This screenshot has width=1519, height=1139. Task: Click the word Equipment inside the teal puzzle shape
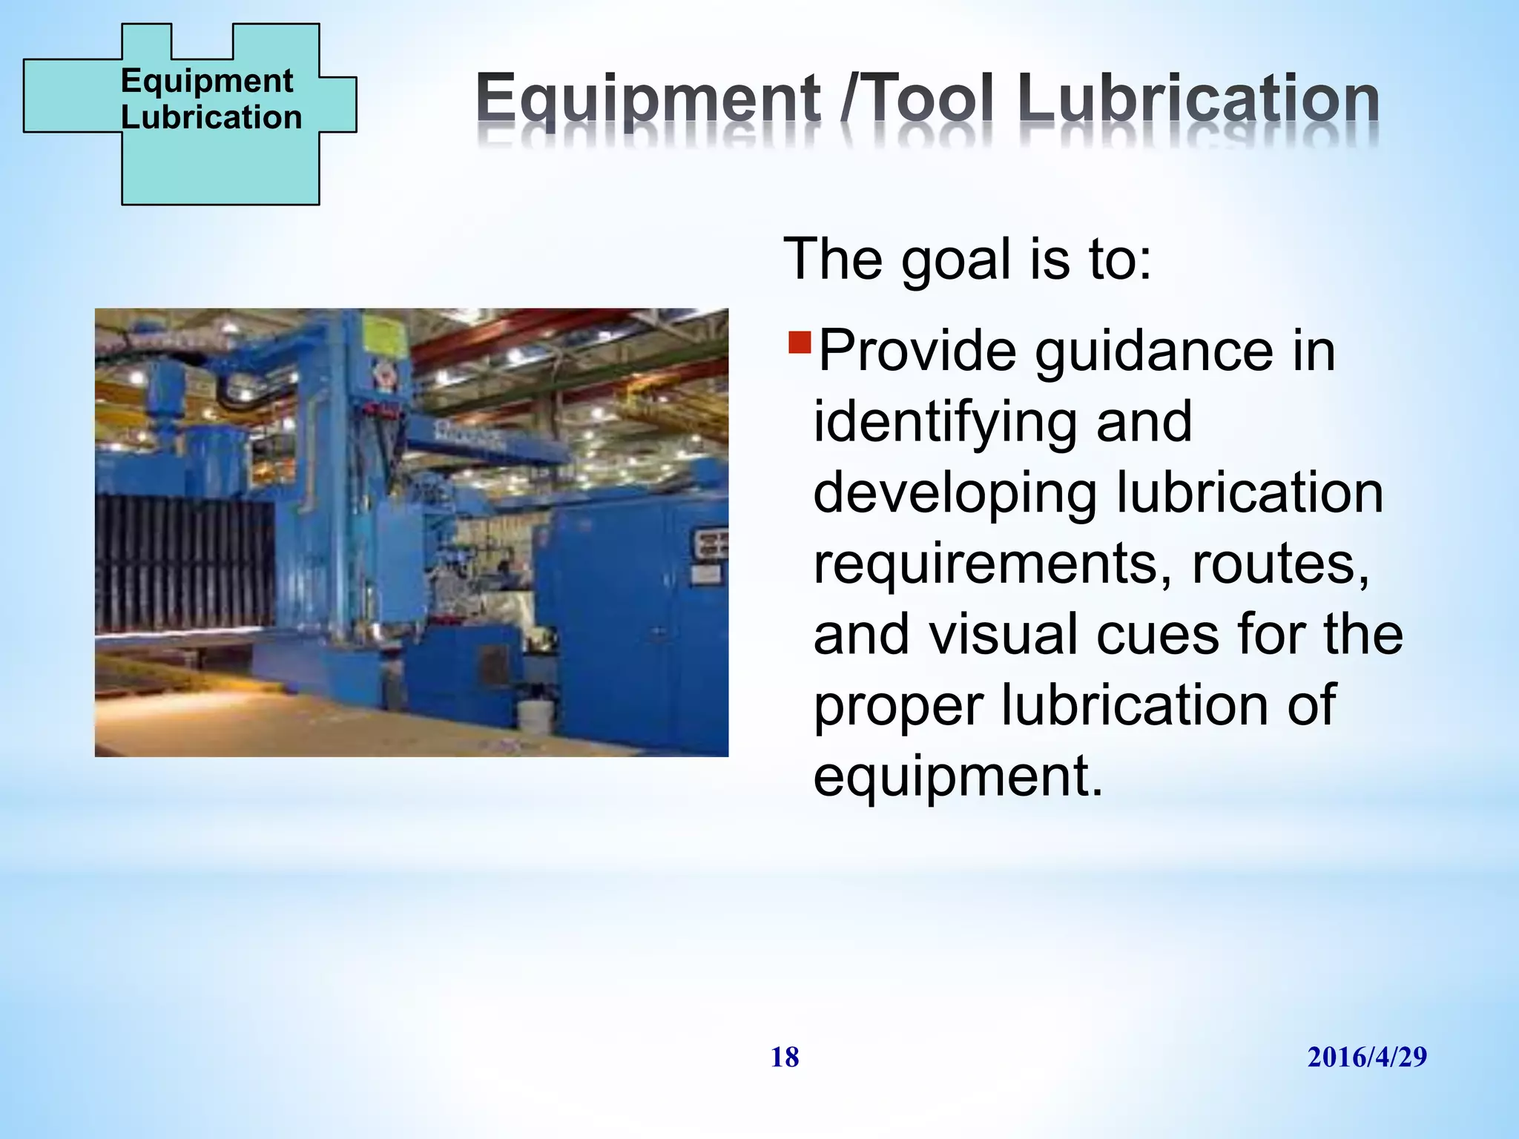207,80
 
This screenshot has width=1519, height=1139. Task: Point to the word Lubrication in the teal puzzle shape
211,117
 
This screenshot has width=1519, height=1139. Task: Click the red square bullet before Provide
800,343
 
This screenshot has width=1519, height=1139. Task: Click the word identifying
943,423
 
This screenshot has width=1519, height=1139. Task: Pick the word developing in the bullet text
954,494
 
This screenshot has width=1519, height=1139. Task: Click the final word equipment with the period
957,776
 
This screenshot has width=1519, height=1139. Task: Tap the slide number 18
785,1057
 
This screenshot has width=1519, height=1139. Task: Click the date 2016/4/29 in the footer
1366,1057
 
